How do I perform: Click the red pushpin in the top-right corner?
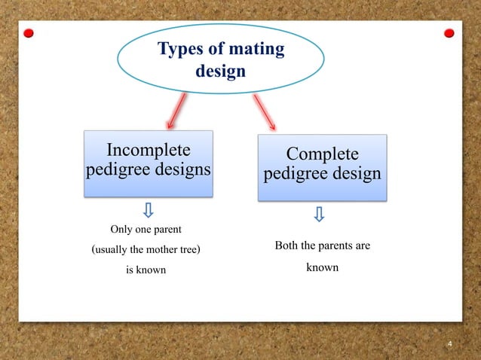(x=449, y=33)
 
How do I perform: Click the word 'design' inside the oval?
(x=220, y=72)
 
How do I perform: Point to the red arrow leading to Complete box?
(x=263, y=112)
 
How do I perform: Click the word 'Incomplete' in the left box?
(x=147, y=148)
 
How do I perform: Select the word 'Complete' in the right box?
(x=322, y=154)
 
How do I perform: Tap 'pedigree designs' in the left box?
(x=147, y=169)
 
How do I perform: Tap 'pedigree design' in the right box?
(x=322, y=175)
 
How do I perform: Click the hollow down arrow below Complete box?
(x=320, y=215)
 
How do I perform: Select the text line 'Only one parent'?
(x=146, y=228)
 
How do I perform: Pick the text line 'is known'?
(x=146, y=270)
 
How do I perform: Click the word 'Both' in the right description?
(x=287, y=246)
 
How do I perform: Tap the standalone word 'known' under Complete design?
(x=322, y=267)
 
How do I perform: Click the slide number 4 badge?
(x=449, y=345)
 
